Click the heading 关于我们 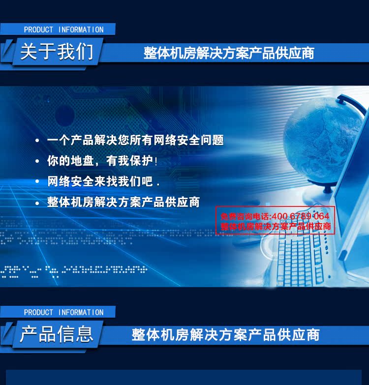tap(57, 52)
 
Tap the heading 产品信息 tap(57, 334)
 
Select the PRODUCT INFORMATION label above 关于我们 tap(63, 30)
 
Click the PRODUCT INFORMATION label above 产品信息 tap(63, 312)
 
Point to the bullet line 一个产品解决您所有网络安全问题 tap(135, 140)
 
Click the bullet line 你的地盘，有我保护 tap(102, 161)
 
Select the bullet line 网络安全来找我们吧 tap(103, 181)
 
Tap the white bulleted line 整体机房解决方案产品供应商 tap(123, 202)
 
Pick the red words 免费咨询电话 tap(245, 216)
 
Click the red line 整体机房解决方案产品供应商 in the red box tap(276, 226)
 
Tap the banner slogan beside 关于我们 tap(229, 53)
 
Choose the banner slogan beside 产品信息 tap(225, 335)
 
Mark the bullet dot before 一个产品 tap(37, 141)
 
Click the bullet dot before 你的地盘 tap(37, 161)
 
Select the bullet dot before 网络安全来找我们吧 tap(37, 182)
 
